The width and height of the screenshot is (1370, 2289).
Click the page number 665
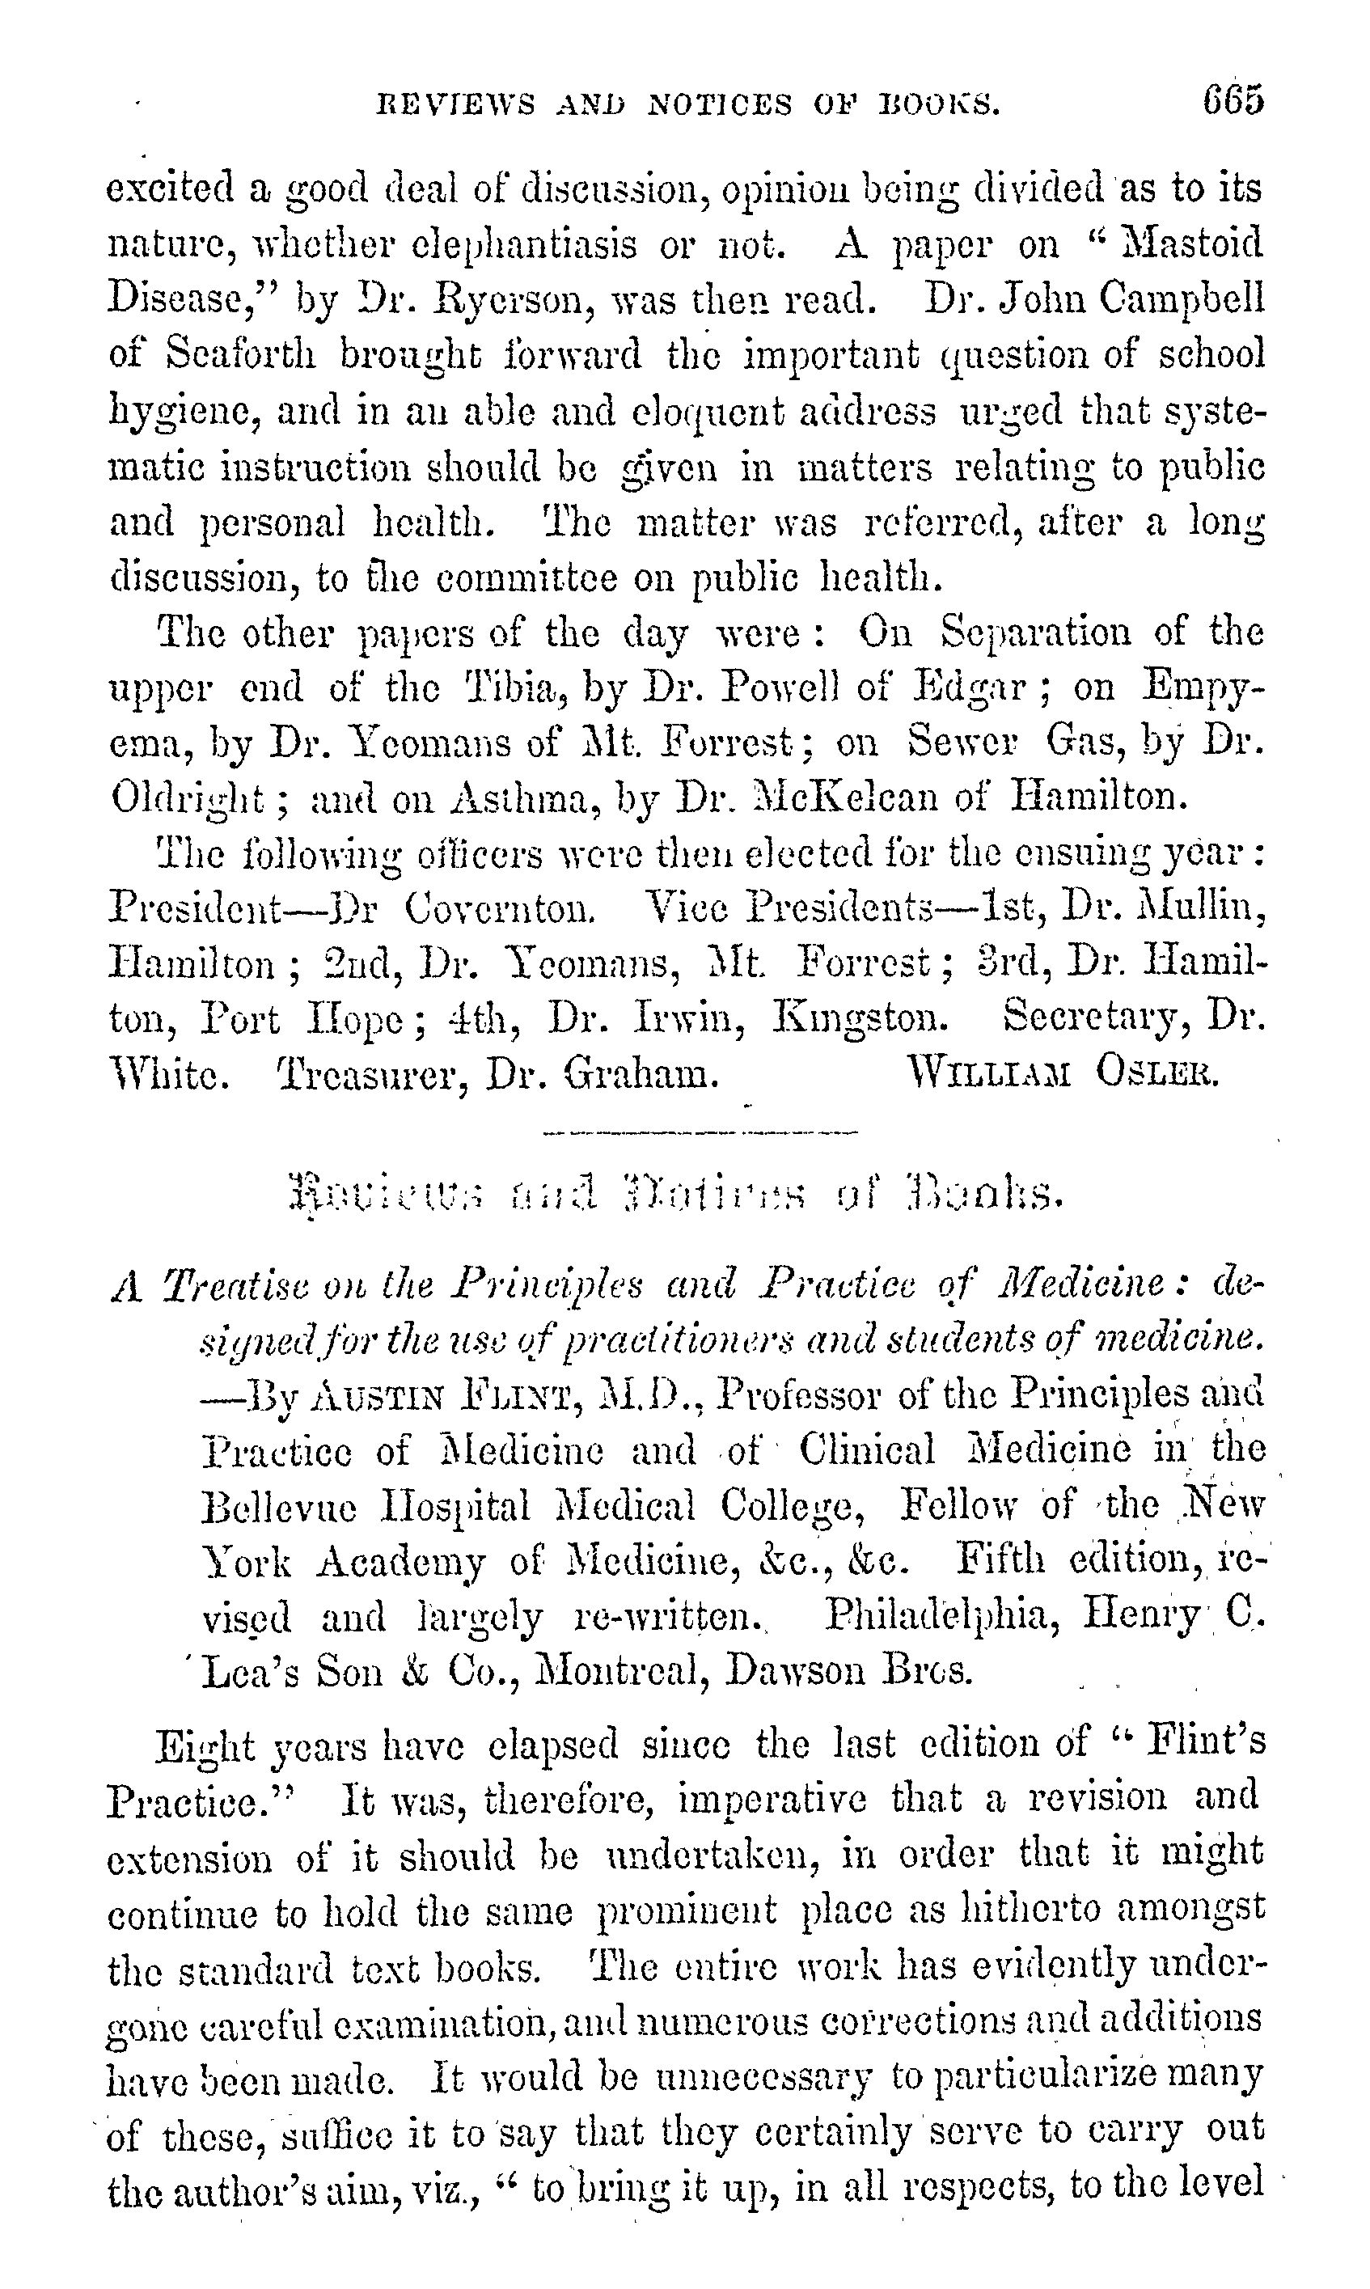1232,99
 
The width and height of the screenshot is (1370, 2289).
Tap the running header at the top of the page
687,104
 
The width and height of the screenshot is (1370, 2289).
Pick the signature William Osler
1063,1073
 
